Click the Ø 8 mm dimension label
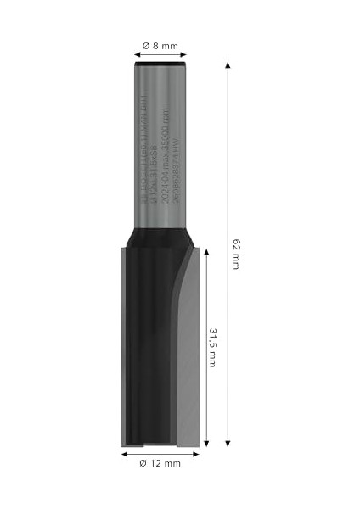160,43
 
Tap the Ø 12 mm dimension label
160,463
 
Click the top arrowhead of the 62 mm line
228,64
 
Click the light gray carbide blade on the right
191,356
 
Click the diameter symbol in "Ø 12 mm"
143,463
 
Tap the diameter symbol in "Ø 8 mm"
146,43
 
